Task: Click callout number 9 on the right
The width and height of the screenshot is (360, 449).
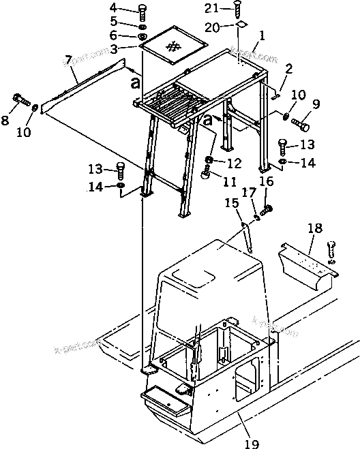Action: click(315, 104)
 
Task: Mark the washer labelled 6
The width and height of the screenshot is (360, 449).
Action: click(142, 36)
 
